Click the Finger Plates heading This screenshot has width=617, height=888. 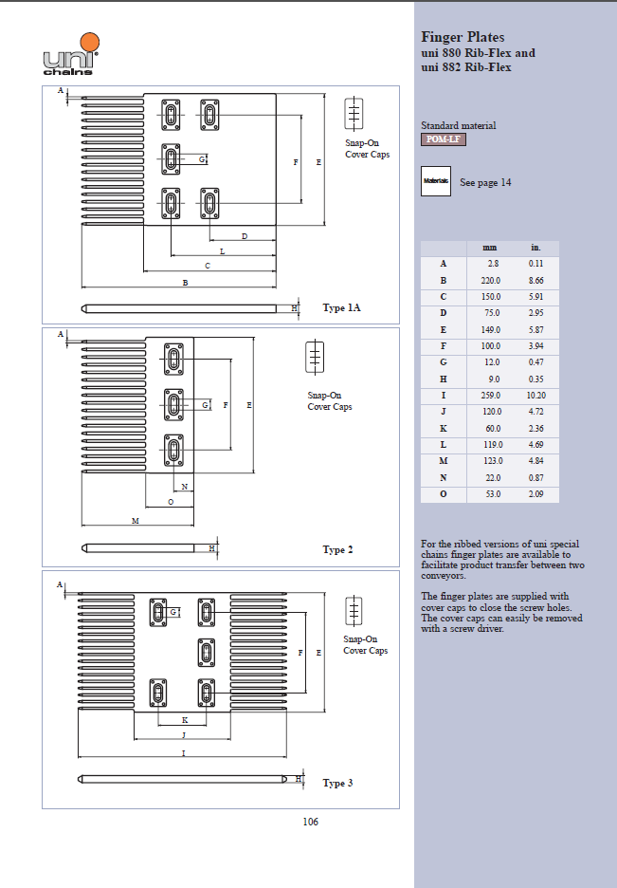(x=463, y=37)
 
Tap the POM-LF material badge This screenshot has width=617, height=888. (x=443, y=139)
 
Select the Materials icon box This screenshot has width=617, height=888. (x=436, y=181)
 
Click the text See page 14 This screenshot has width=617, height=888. (x=485, y=182)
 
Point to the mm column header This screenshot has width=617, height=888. (x=490, y=249)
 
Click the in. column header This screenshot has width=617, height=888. (x=535, y=249)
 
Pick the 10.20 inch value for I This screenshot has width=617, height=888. (x=535, y=395)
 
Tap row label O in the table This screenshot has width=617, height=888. (x=443, y=494)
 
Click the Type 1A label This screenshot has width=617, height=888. (x=341, y=308)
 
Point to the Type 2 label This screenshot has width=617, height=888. (x=337, y=549)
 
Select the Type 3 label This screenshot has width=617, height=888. (x=337, y=783)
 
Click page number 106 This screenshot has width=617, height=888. (x=310, y=822)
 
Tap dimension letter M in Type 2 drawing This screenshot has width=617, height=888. (x=135, y=521)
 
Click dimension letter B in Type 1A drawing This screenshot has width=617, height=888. (x=185, y=283)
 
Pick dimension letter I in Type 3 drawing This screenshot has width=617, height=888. (x=183, y=752)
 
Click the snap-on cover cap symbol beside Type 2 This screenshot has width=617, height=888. (x=315, y=358)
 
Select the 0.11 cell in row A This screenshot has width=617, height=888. (x=535, y=264)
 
